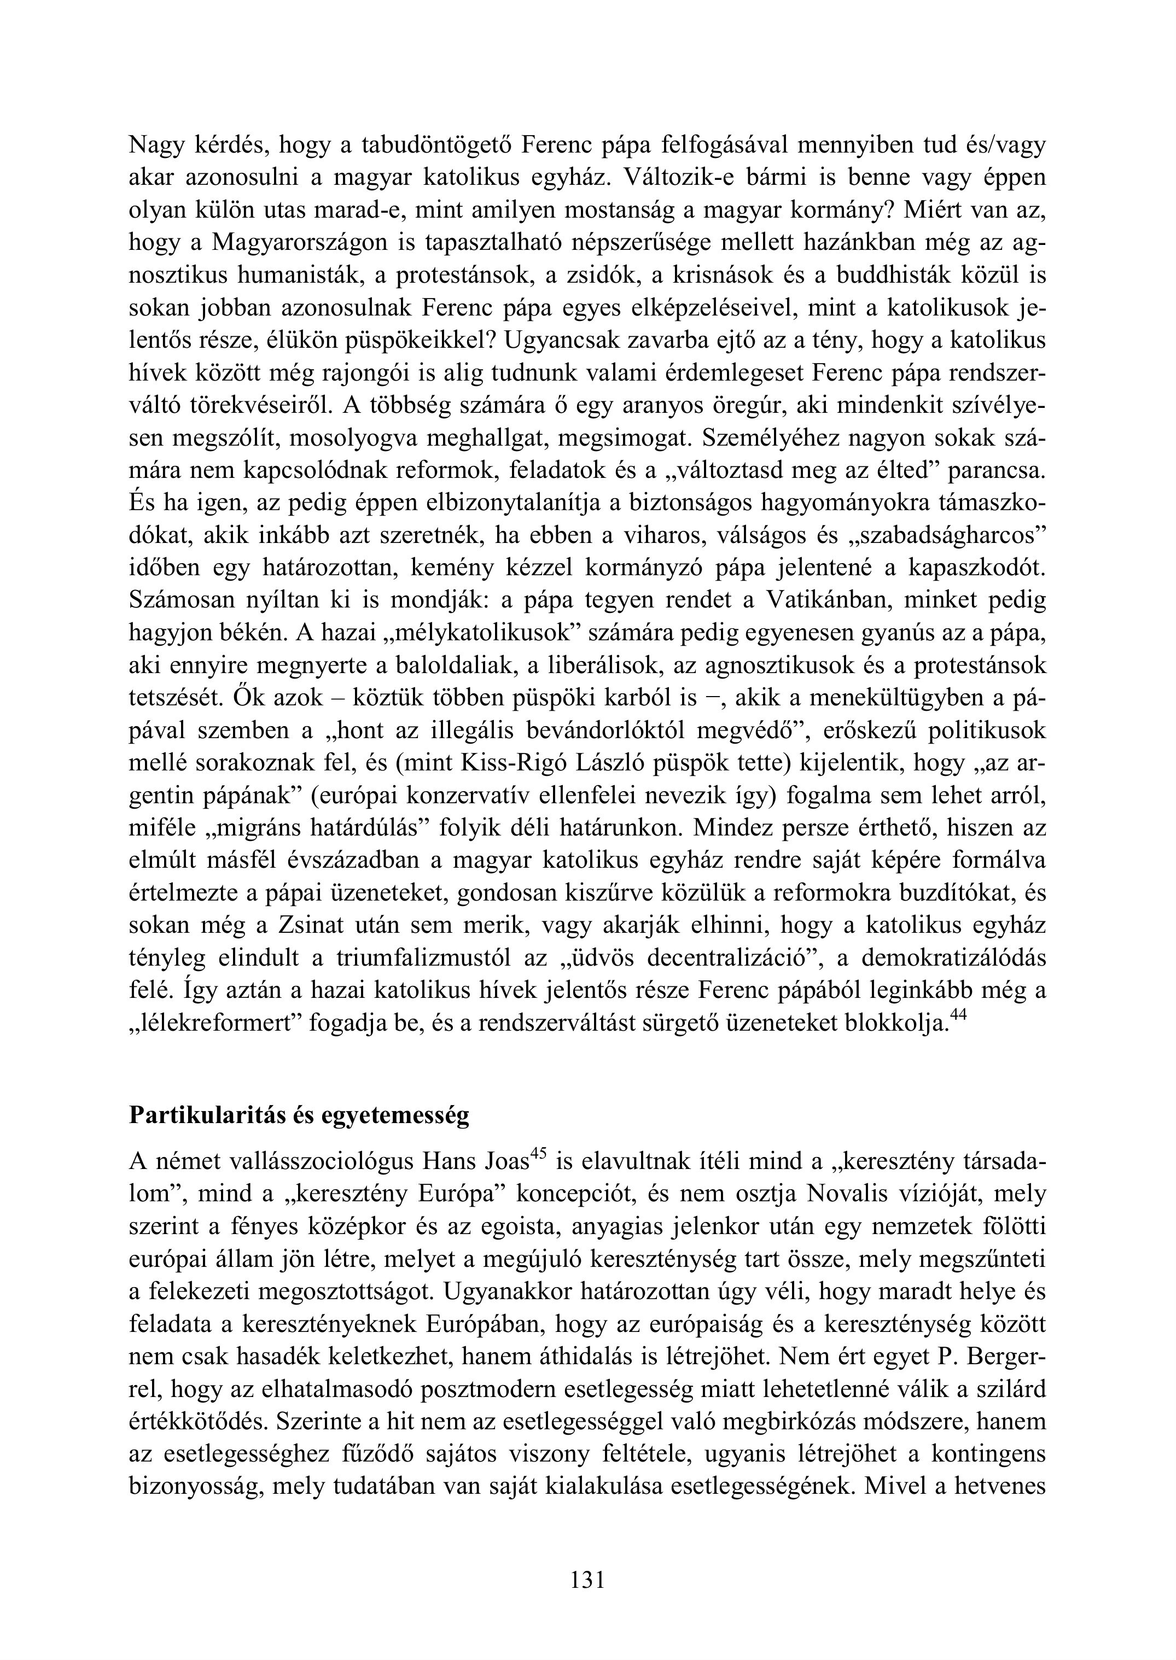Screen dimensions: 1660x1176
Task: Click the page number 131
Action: [587, 1579]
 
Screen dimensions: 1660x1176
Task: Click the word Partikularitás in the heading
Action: [204, 1115]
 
